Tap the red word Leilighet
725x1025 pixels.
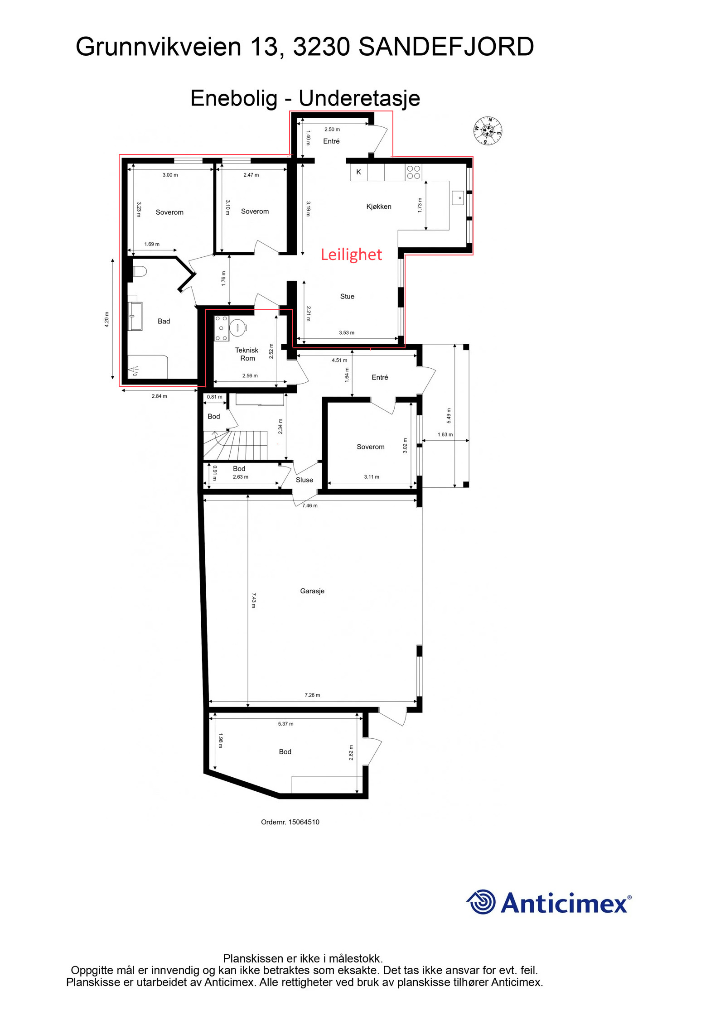click(x=351, y=255)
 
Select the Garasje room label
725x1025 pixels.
click(x=312, y=591)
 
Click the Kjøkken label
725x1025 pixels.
click(x=379, y=207)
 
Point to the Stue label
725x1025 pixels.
click(x=347, y=296)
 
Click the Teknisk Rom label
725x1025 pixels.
click(x=247, y=354)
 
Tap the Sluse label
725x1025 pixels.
click(x=304, y=480)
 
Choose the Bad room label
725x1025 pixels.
click(x=164, y=321)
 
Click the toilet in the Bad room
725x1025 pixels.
click(x=138, y=271)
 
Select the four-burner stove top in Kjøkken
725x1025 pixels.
click(x=413, y=172)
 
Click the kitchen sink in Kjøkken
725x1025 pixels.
click(x=458, y=198)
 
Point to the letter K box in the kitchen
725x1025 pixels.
click(x=358, y=172)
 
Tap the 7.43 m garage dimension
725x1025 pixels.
click(x=254, y=600)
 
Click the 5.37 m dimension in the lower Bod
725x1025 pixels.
click(x=285, y=724)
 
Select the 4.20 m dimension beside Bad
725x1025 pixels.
click(x=107, y=319)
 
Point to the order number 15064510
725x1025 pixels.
click(x=290, y=822)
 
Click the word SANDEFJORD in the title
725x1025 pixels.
click(x=446, y=47)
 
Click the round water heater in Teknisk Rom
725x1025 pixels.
click(x=238, y=327)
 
